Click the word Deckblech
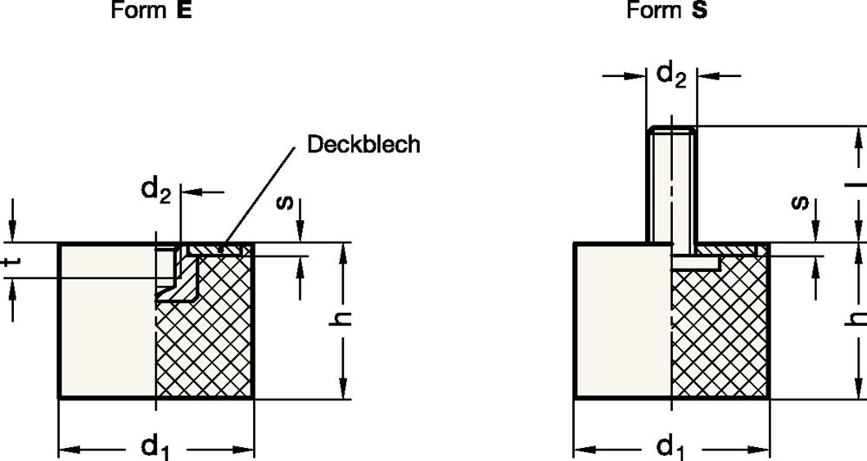point(363,144)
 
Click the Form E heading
point(152,11)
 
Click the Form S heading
point(667,11)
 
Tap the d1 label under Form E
point(155,447)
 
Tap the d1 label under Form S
point(669,447)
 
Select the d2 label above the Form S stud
point(670,75)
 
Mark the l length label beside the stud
point(857,184)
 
